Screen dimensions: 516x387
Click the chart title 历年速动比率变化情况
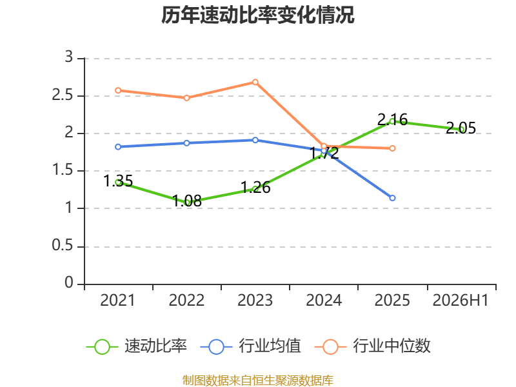pyautogui.click(x=257, y=15)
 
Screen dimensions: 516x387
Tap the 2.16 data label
pyautogui.click(x=392, y=119)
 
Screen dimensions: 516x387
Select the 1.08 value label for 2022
pyautogui.click(x=186, y=201)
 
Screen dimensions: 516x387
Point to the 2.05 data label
pyautogui.click(x=461, y=128)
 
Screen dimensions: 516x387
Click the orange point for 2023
pyautogui.click(x=255, y=82)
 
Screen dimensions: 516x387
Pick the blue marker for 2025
pyautogui.click(x=392, y=198)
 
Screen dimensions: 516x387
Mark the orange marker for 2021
pyautogui.click(x=118, y=90)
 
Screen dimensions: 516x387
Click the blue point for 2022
pyautogui.click(x=186, y=143)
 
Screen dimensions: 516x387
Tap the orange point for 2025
pyautogui.click(x=392, y=148)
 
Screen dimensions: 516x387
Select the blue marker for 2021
pyautogui.click(x=118, y=147)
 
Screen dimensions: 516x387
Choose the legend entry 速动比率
pyautogui.click(x=137, y=346)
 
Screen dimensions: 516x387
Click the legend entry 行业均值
pyautogui.click(x=251, y=346)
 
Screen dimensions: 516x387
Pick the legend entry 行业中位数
pyautogui.click(x=373, y=346)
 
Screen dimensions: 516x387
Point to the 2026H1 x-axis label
pyautogui.click(x=461, y=300)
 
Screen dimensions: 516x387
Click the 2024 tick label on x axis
pyautogui.click(x=324, y=300)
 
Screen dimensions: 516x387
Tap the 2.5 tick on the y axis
pyautogui.click(x=62, y=95)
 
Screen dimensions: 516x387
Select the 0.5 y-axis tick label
pyautogui.click(x=62, y=246)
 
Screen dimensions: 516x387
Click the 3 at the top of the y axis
pyautogui.click(x=68, y=57)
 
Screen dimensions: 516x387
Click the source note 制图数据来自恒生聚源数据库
pyautogui.click(x=257, y=381)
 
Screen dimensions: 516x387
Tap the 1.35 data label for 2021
pyautogui.click(x=118, y=181)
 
